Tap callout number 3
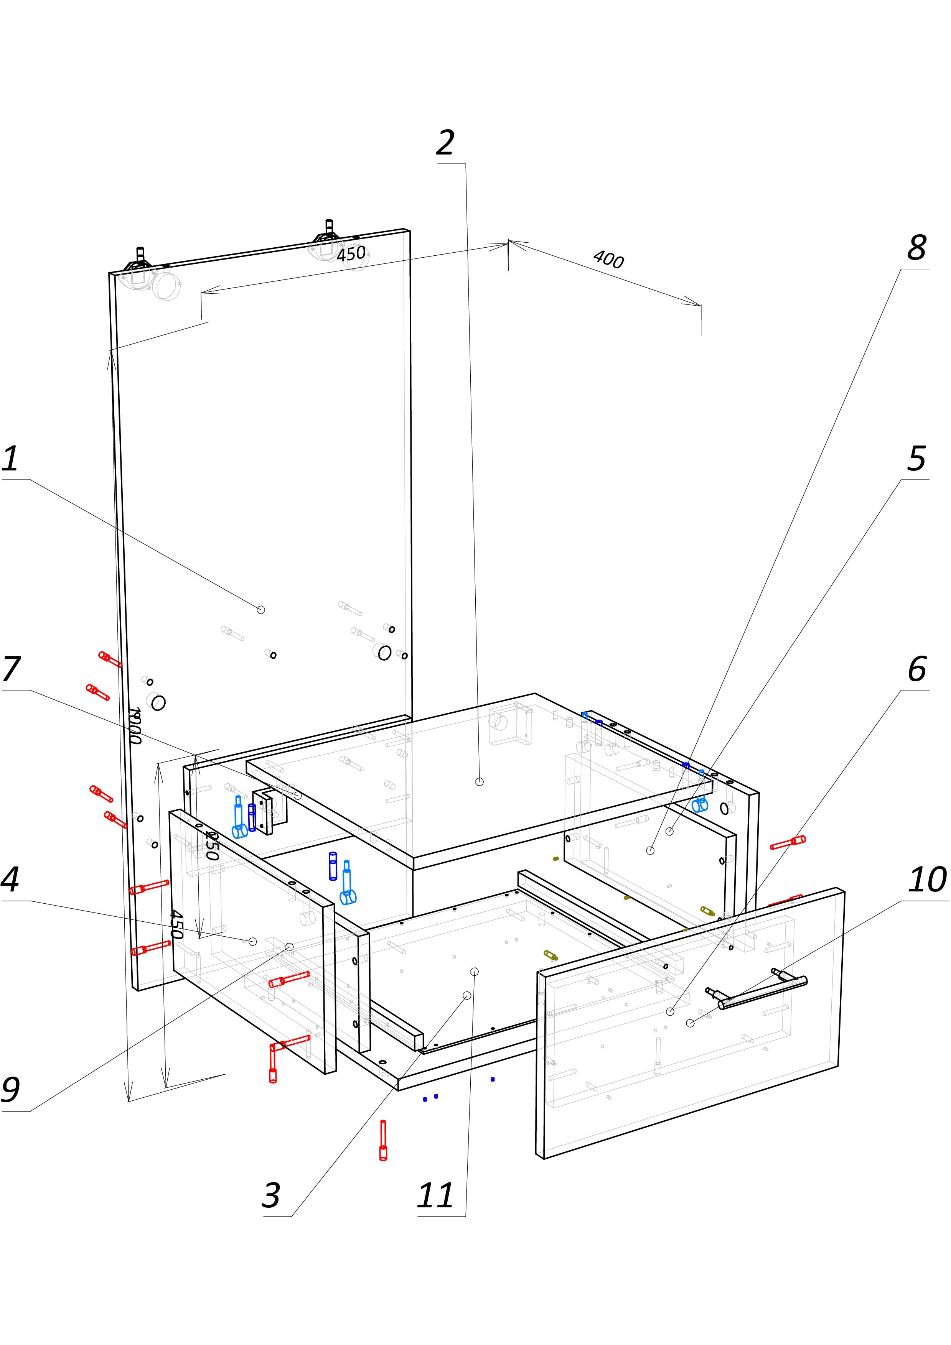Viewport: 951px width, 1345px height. [x=271, y=1195]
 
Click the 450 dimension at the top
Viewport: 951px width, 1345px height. [x=351, y=254]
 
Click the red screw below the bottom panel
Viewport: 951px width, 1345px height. [x=383, y=1140]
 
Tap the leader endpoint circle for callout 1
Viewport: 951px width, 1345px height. [x=261, y=610]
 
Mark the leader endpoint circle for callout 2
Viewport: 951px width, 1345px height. [x=479, y=781]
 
